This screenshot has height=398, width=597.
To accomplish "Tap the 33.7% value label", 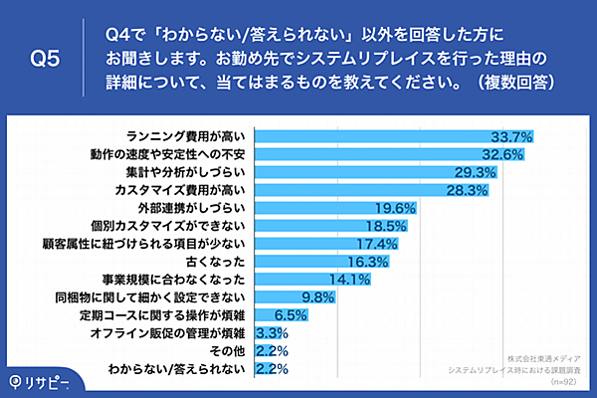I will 513,135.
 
